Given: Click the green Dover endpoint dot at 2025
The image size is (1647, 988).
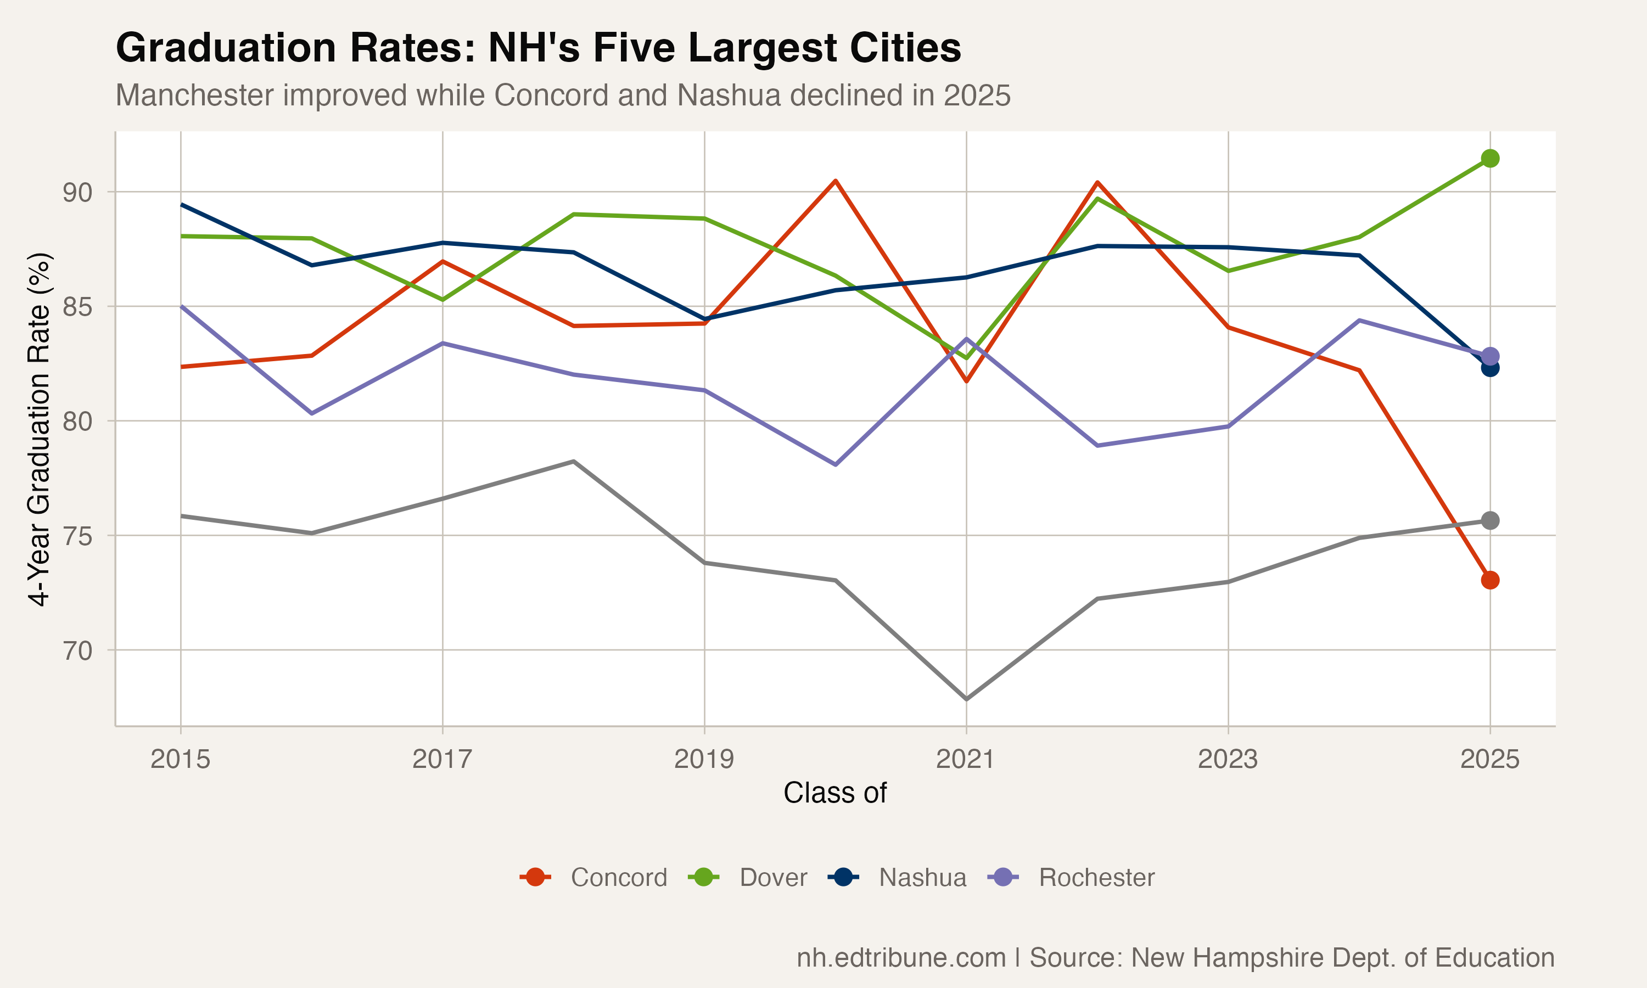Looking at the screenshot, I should (x=1490, y=159).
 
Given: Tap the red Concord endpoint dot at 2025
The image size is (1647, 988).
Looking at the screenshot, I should (x=1490, y=580).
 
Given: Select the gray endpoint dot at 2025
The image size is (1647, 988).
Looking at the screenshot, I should (x=1490, y=520).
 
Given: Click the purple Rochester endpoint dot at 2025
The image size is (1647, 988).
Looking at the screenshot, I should (x=1490, y=356).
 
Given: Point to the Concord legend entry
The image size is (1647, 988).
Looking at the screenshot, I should (x=593, y=878).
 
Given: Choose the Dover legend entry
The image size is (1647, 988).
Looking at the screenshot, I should (x=748, y=878).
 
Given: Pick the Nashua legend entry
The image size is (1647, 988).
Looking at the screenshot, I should (x=898, y=878).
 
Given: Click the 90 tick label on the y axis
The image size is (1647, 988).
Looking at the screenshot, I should (x=77, y=193).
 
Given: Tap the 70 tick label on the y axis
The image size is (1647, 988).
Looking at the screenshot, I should (x=77, y=651).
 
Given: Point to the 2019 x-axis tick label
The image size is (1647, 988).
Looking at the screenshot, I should (x=704, y=759).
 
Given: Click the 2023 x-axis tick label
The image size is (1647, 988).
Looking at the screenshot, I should (x=1228, y=759).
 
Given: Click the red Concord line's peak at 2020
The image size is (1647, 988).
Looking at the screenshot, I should (x=835, y=181).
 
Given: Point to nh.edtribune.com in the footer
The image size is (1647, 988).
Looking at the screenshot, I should (x=901, y=957).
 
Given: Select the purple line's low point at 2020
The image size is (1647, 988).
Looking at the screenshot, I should (x=835, y=464).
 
